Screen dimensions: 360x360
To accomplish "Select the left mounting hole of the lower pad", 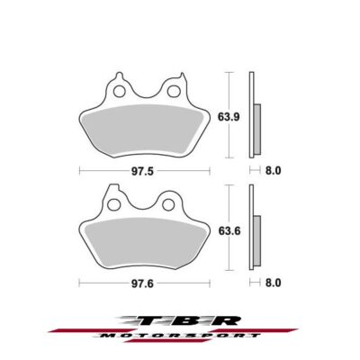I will click(114, 204).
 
